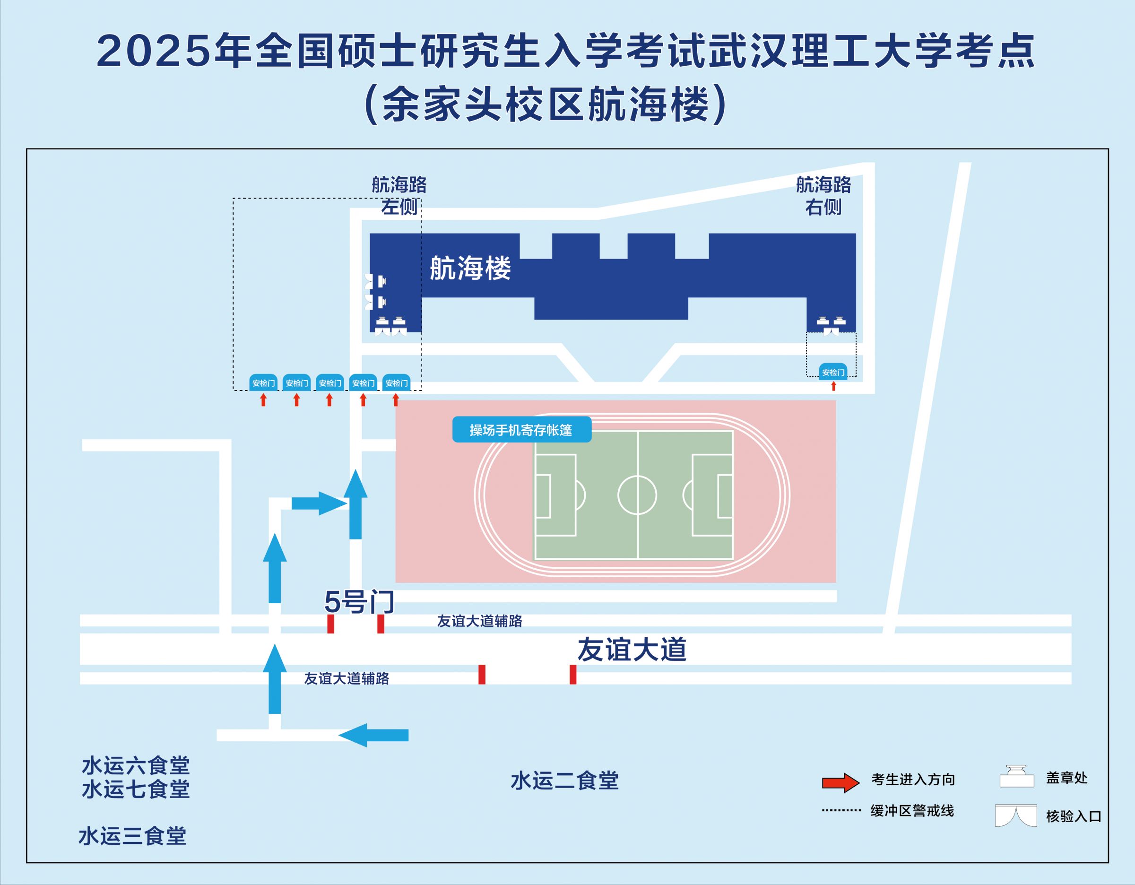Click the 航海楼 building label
pyautogui.click(x=470, y=268)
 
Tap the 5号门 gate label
pyautogui.click(x=360, y=602)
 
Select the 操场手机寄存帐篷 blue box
pyautogui.click(x=522, y=429)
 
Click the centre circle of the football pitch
pyautogui.click(x=637, y=495)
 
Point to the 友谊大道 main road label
pyautogui.click(x=632, y=650)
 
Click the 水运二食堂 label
pyautogui.click(x=565, y=781)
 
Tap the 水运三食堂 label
pyautogui.click(x=132, y=836)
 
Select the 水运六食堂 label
pyautogui.click(x=136, y=765)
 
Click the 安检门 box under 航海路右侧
pyautogui.click(x=833, y=372)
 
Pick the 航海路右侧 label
pyautogui.click(x=823, y=196)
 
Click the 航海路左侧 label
pyautogui.click(x=399, y=196)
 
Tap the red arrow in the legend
pyautogui.click(x=841, y=782)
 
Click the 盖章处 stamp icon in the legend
pyautogui.click(x=1017, y=776)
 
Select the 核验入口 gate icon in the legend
pyautogui.click(x=1016, y=816)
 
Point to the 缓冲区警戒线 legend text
pyautogui.click(x=912, y=811)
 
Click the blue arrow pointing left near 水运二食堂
pyautogui.click(x=373, y=735)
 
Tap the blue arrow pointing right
pyautogui.click(x=319, y=503)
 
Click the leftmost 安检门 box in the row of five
pyautogui.click(x=263, y=382)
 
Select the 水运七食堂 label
pyautogui.click(x=136, y=790)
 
